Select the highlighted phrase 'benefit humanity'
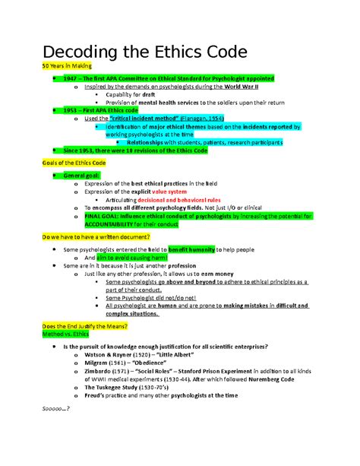click(x=192, y=249)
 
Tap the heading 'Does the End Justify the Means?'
click(x=85, y=325)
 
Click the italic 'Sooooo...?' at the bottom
click(x=55, y=409)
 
